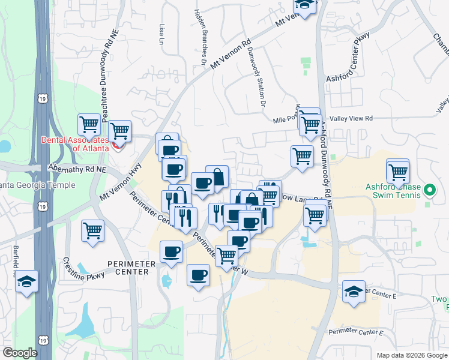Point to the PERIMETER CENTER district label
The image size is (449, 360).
[x=127, y=268]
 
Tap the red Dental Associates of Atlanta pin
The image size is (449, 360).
[x=117, y=144]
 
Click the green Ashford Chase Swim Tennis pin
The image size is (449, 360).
[x=429, y=191]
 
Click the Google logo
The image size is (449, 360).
[x=19, y=353]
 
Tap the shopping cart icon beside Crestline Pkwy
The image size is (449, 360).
[x=93, y=230]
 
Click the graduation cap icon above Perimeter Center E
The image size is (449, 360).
[x=354, y=292]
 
